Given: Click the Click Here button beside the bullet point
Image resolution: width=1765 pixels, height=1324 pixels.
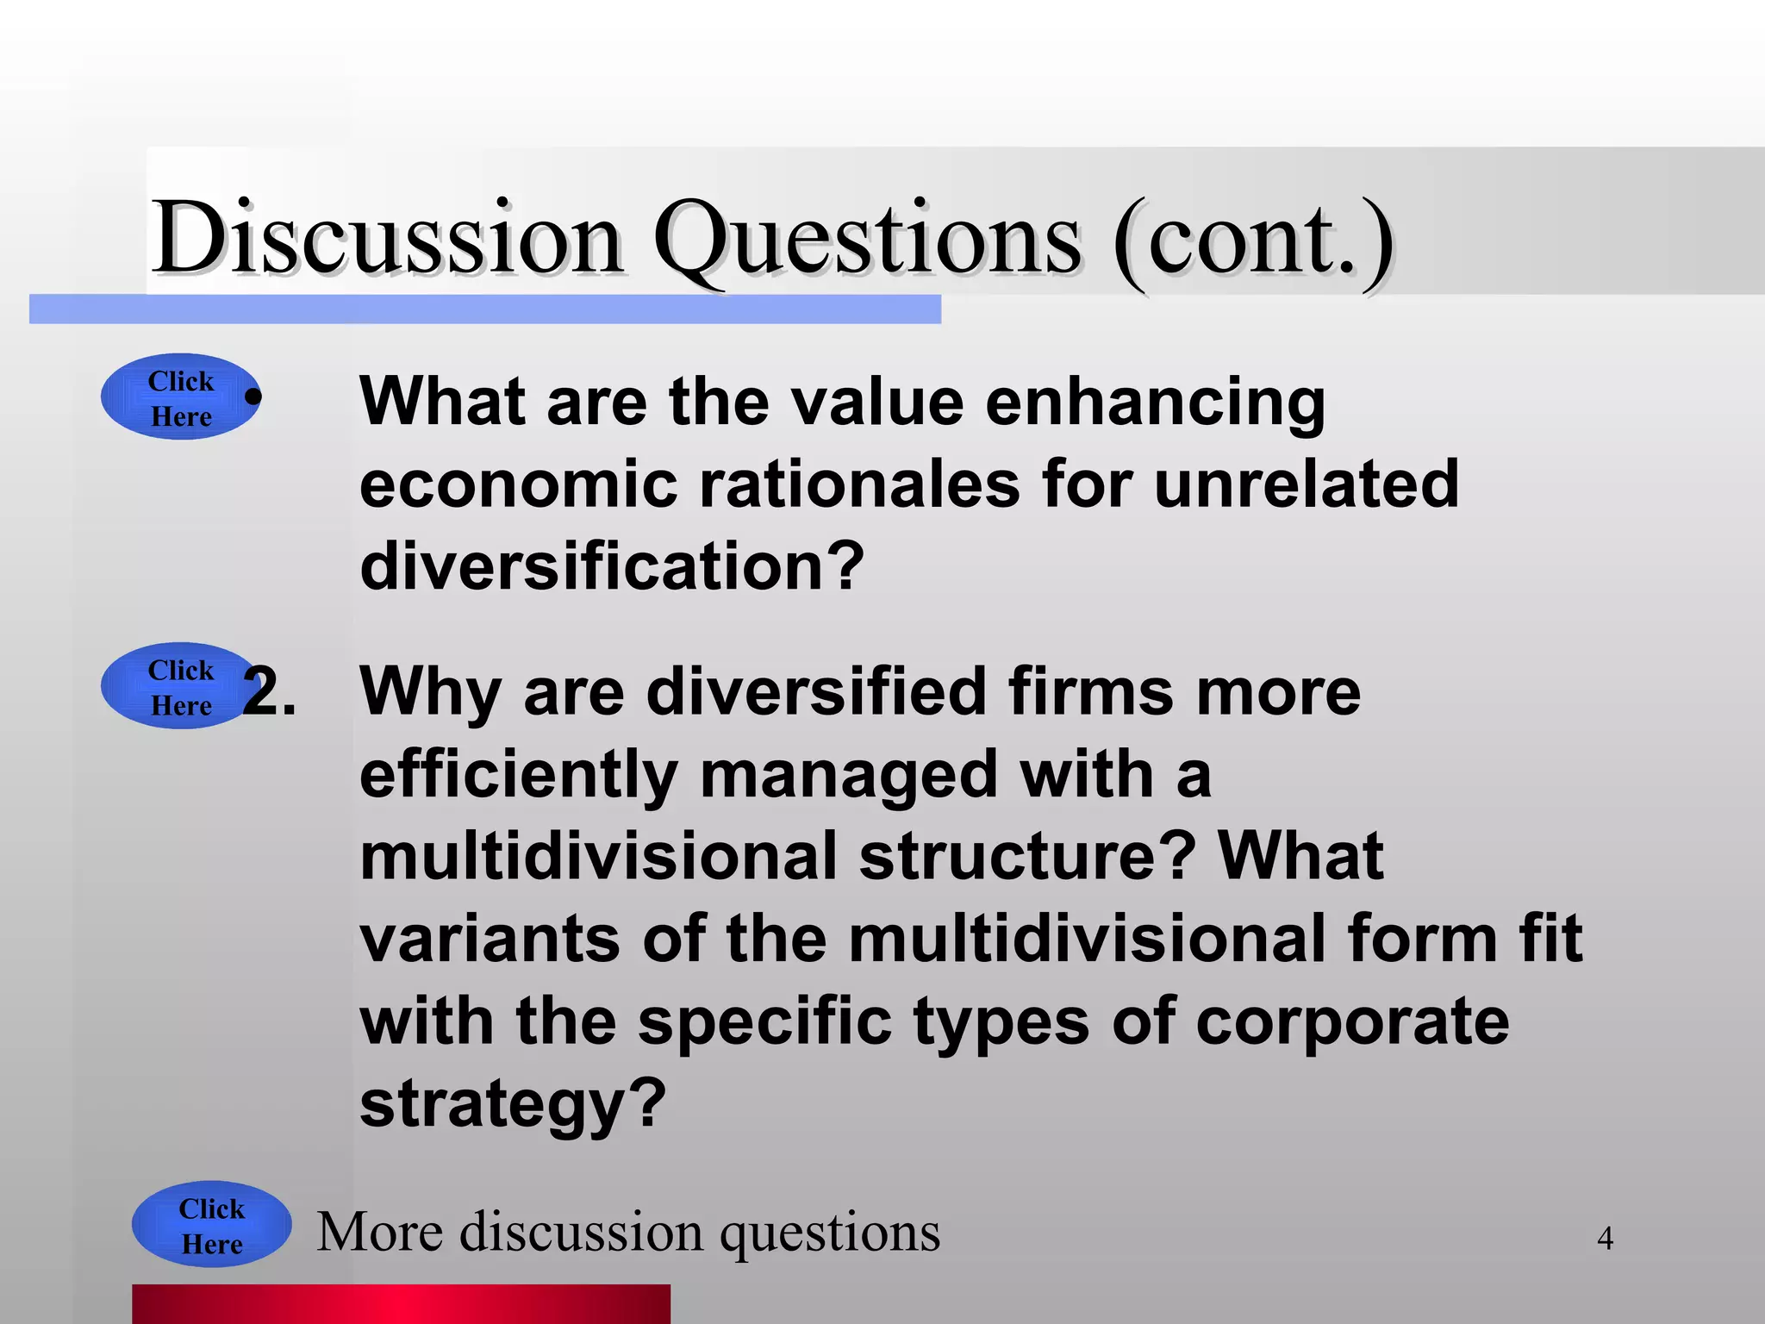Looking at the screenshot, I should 181,397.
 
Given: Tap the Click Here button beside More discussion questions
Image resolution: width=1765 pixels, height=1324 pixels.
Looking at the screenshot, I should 212,1225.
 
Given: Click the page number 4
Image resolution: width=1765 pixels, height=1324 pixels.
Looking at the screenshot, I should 1605,1239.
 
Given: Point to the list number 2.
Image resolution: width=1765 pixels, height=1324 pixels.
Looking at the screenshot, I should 269,691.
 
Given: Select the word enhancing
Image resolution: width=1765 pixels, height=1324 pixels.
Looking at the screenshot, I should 1155,403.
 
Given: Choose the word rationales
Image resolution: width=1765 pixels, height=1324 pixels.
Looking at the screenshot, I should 860,484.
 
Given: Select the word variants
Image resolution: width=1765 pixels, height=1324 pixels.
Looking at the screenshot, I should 490,939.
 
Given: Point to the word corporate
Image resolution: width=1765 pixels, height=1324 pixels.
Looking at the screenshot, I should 1352,1021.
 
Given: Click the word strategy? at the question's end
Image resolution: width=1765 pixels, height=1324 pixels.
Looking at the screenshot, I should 514,1104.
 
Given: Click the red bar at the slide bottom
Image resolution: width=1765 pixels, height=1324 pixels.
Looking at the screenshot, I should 401,1303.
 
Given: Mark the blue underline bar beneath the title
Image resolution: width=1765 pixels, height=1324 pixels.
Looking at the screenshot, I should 484,309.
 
